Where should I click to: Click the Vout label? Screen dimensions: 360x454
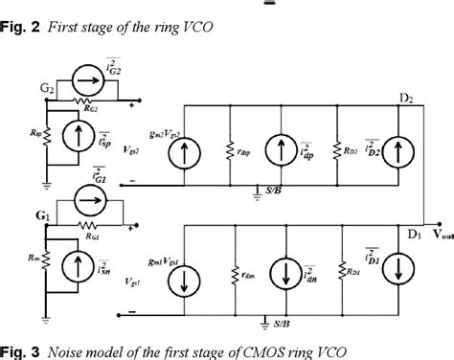[436, 231]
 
